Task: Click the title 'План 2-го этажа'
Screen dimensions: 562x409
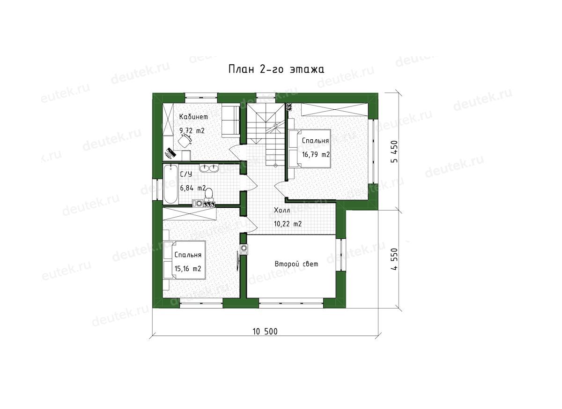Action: point(276,69)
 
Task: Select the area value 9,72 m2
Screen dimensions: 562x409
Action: point(192,130)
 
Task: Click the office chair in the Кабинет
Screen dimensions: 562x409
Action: point(185,141)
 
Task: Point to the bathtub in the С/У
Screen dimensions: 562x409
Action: point(170,184)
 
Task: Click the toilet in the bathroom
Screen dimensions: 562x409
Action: point(209,195)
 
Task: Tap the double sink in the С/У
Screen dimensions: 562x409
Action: point(209,168)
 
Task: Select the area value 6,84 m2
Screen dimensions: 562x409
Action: point(192,188)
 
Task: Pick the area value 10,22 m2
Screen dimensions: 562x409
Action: point(288,224)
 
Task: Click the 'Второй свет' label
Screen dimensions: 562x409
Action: point(296,264)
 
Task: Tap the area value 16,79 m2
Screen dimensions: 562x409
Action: point(316,154)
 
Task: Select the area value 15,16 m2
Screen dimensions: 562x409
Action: point(188,269)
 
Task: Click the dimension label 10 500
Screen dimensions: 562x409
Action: point(265,332)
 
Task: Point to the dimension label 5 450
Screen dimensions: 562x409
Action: point(394,151)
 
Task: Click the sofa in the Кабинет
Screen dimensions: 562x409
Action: point(230,121)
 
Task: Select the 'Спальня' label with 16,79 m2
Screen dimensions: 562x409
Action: point(315,141)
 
